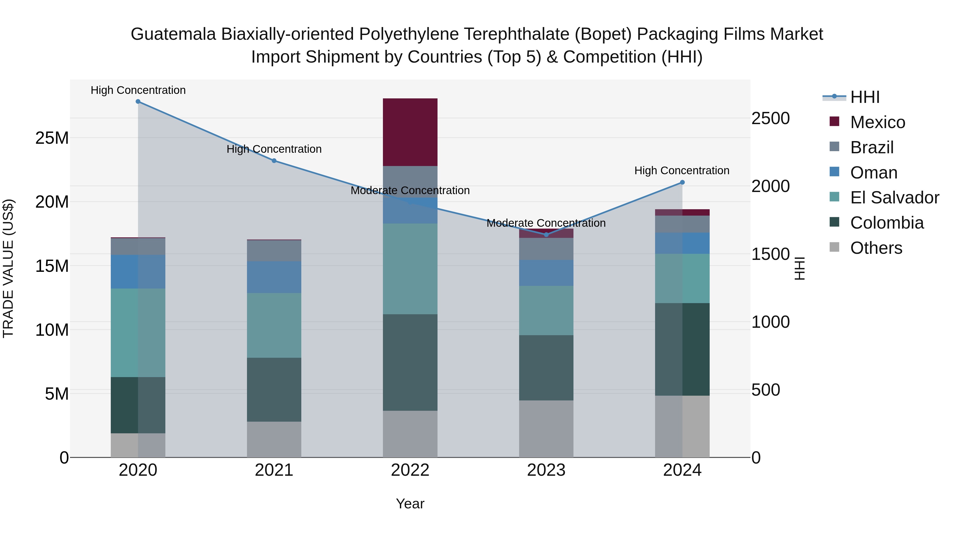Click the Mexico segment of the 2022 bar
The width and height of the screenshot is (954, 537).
410,132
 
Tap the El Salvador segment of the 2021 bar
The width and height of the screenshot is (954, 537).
274,325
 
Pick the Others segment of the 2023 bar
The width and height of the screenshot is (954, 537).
546,429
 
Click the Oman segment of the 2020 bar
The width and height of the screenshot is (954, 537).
138,271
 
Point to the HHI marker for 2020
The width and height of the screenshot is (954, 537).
138,102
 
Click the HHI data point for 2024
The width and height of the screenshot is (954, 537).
682,182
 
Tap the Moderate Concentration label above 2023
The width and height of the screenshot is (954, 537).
546,223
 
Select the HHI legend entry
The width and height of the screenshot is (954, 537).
864,97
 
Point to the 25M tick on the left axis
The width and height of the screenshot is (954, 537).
52,138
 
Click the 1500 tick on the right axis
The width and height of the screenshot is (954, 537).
770,254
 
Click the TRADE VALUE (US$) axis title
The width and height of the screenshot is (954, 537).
8,268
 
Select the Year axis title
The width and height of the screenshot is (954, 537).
410,504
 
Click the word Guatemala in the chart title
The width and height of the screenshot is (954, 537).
173,34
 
